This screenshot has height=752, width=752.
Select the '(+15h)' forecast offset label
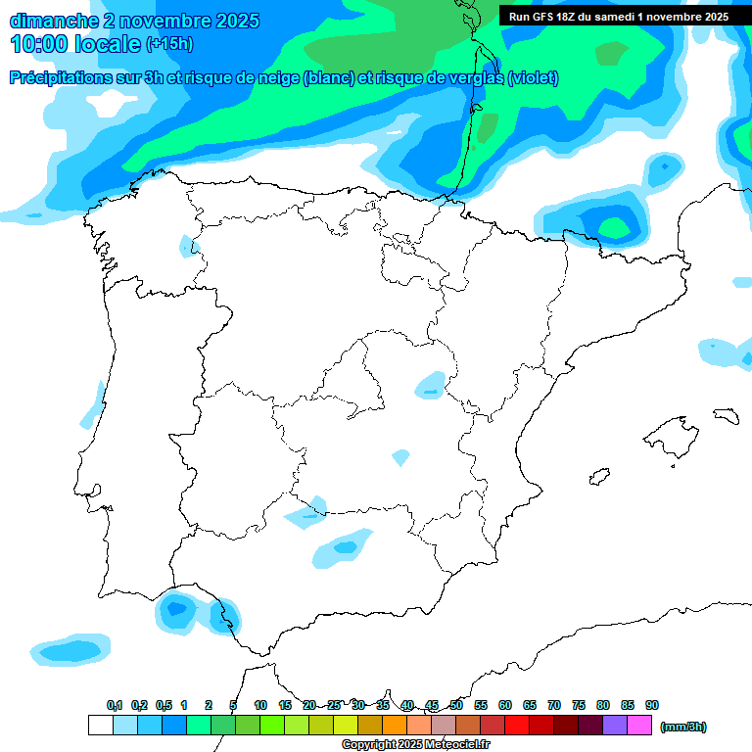click(x=169, y=44)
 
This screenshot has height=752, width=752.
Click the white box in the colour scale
click(x=100, y=725)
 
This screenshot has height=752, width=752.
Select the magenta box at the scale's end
click(x=639, y=725)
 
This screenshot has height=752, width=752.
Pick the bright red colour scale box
click(x=517, y=725)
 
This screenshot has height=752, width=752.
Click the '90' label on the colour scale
click(x=652, y=705)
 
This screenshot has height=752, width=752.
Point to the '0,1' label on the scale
click(x=115, y=705)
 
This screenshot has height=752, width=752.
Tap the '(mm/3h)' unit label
click(x=683, y=727)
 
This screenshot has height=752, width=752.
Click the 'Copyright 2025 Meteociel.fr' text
click(x=415, y=745)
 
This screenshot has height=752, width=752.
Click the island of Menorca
click(x=726, y=415)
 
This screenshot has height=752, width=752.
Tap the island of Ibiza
click(x=599, y=477)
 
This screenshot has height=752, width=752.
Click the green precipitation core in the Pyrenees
click(x=615, y=229)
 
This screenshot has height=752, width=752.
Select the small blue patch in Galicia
click(x=186, y=246)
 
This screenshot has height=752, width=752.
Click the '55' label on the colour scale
click(x=481, y=705)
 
